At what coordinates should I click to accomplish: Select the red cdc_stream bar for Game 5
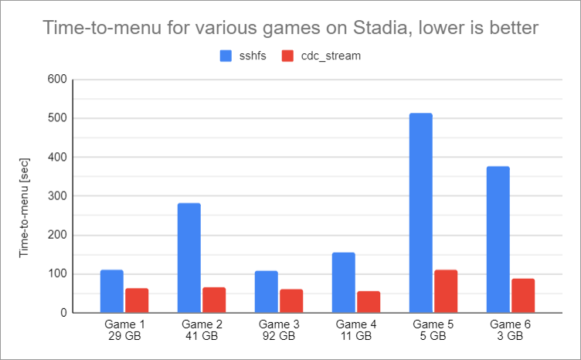(446, 292)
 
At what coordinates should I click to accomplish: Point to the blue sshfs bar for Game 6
(498, 239)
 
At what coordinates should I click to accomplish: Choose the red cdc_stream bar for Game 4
(369, 302)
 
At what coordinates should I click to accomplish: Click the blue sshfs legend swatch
(226, 56)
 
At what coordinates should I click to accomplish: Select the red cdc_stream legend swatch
(287, 56)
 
